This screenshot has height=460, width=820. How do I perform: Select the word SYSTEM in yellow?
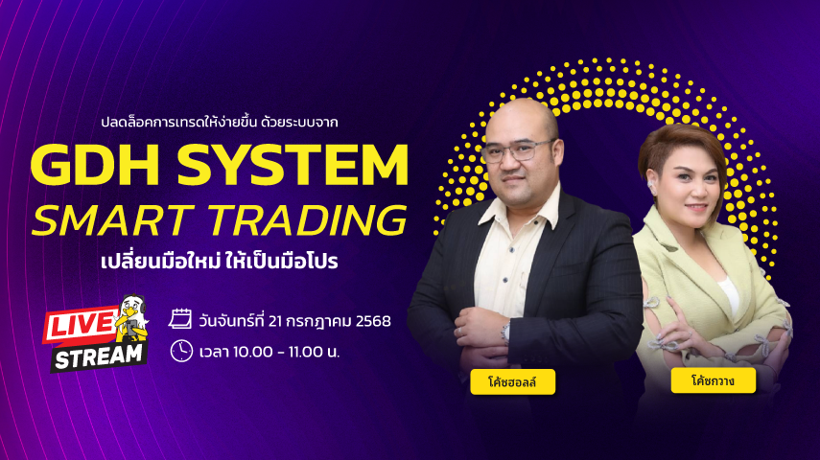click(x=293, y=165)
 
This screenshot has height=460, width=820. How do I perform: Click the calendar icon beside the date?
click(x=180, y=318)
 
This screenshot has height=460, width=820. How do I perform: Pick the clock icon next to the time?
click(x=181, y=351)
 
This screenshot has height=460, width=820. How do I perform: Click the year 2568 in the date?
click(x=373, y=321)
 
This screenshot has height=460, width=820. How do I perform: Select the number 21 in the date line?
click(x=275, y=321)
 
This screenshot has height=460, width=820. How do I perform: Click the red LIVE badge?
click(x=82, y=325)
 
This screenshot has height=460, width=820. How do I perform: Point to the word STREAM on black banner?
click(x=99, y=357)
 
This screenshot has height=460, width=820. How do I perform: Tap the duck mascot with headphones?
click(x=131, y=319)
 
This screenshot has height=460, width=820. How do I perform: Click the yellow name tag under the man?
click(x=512, y=382)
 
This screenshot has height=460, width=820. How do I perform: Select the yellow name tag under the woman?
click(x=714, y=380)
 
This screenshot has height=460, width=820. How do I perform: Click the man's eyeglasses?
click(x=517, y=150)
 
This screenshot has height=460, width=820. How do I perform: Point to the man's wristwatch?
click(x=505, y=332)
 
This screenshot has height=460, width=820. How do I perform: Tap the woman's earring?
click(x=652, y=188)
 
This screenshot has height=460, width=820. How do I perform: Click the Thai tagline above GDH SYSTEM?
click(x=220, y=123)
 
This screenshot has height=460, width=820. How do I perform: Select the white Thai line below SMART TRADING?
click(x=220, y=261)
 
